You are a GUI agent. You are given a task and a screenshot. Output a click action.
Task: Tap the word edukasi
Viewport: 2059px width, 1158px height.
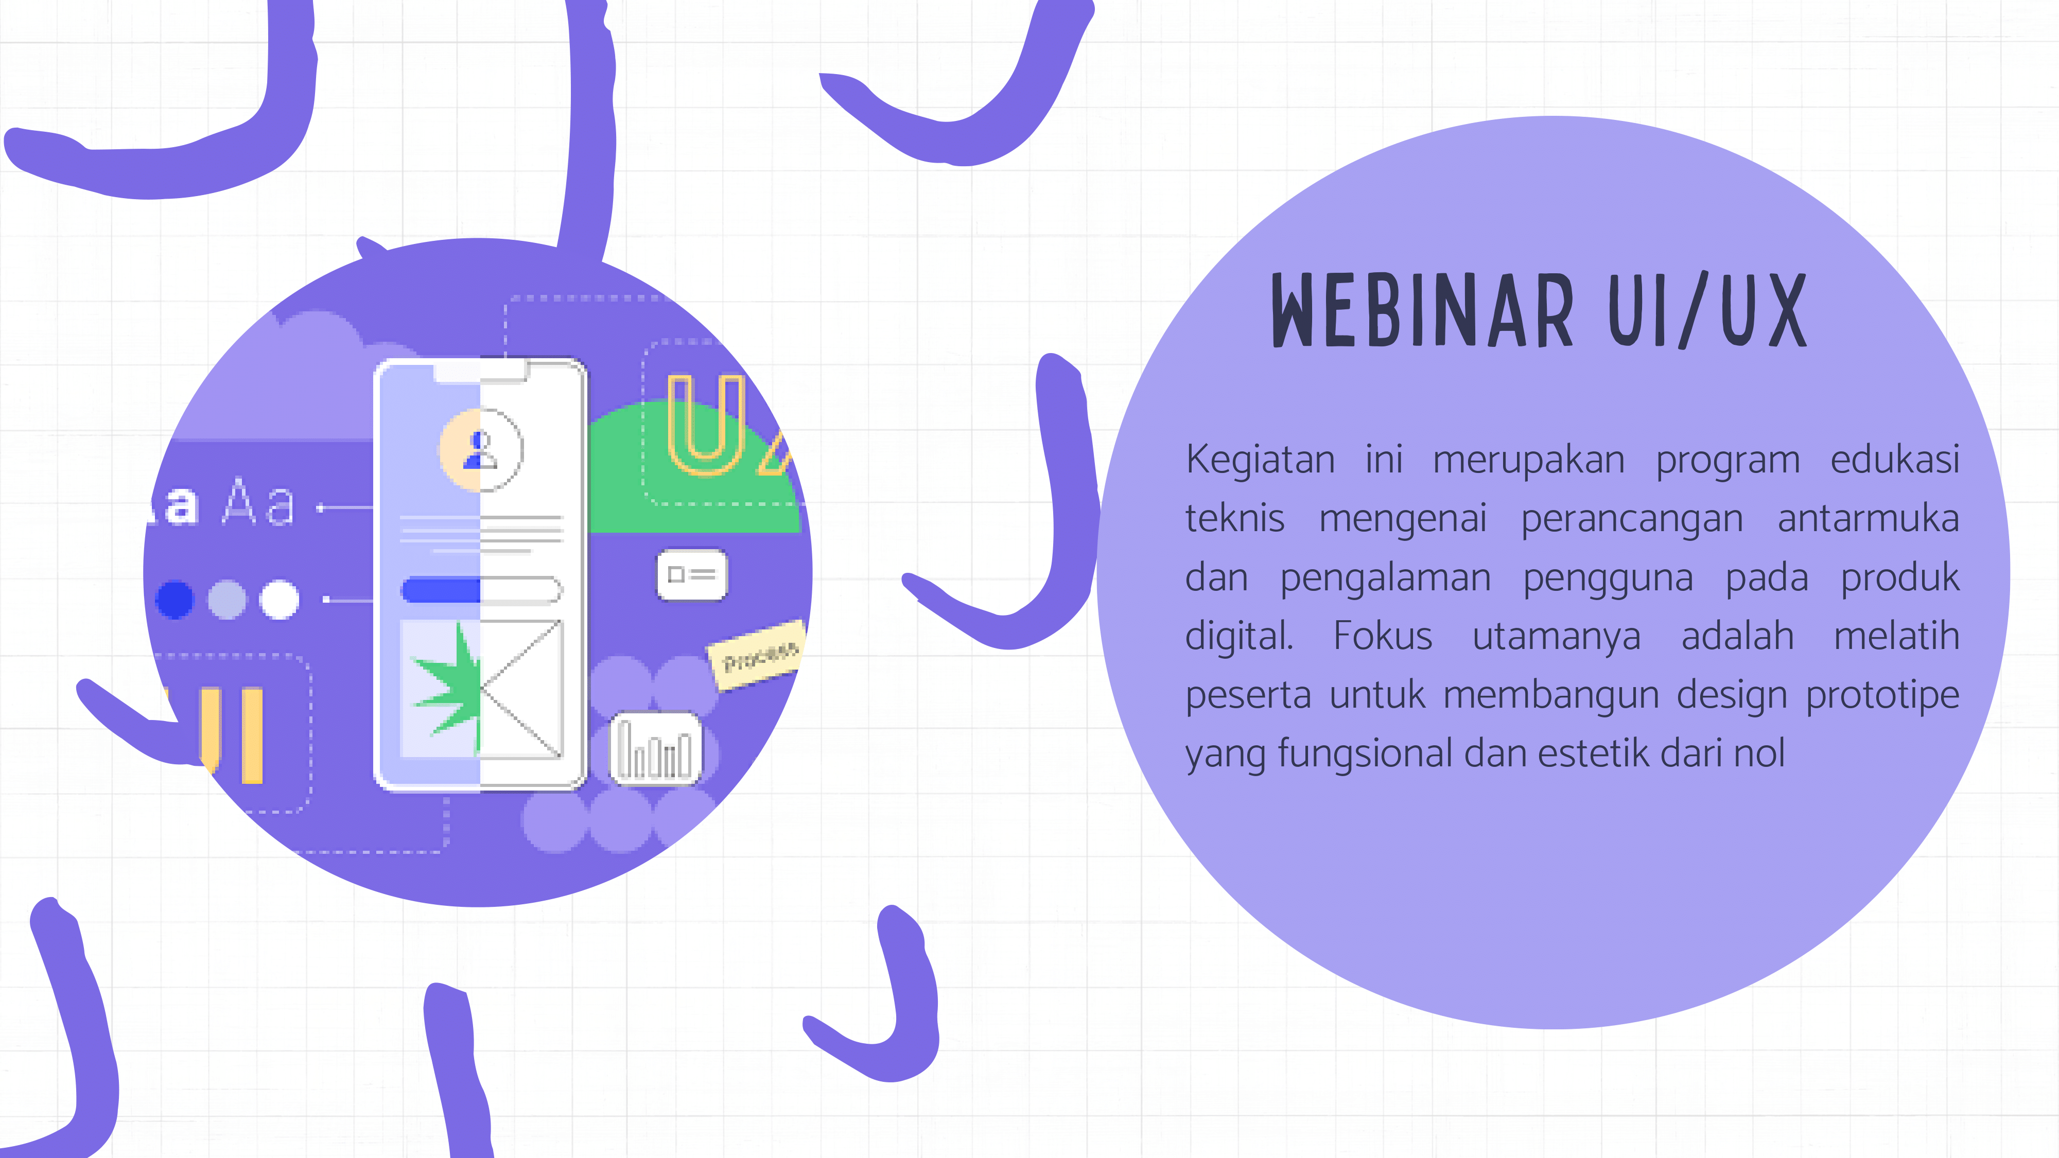tap(1895, 460)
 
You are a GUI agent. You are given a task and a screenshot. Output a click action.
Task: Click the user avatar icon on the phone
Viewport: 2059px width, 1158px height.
tap(480, 450)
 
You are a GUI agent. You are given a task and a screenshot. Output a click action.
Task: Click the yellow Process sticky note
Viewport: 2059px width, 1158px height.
tap(757, 655)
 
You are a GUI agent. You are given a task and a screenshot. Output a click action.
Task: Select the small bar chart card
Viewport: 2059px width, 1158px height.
tap(655, 748)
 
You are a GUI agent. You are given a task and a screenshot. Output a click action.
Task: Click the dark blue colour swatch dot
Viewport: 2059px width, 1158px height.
tap(175, 600)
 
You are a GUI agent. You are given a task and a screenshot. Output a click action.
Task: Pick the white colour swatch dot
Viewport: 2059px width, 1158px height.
tap(280, 600)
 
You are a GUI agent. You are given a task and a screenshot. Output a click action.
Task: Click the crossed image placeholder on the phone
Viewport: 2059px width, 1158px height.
tap(521, 689)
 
